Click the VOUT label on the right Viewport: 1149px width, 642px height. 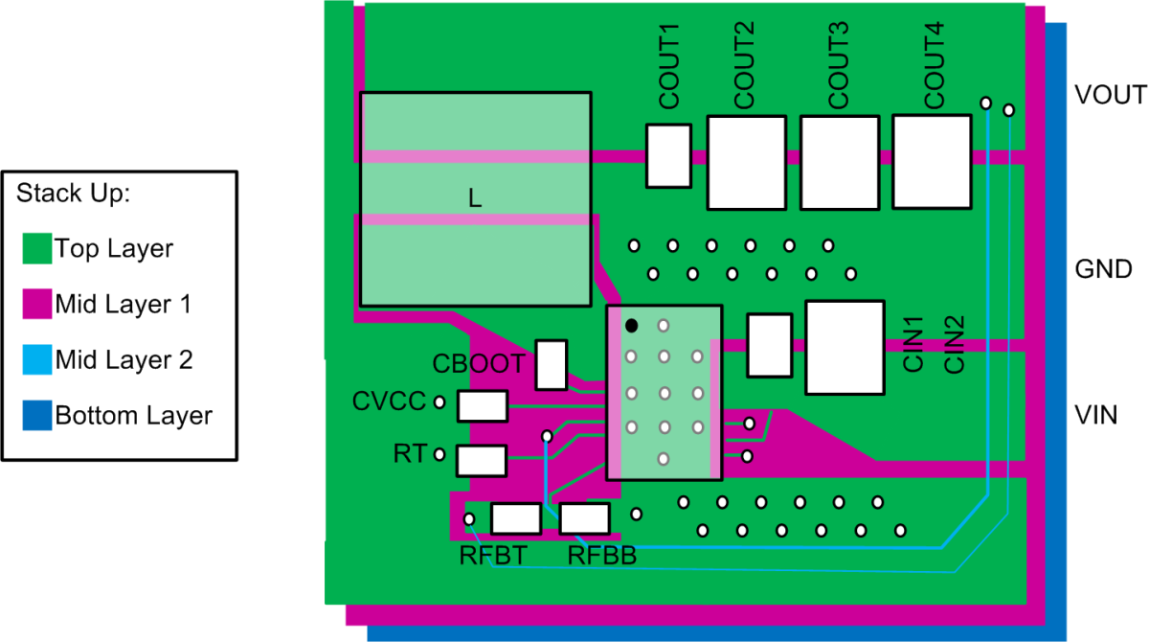pyautogui.click(x=1110, y=96)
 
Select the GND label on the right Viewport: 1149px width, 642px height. pyautogui.click(x=1104, y=269)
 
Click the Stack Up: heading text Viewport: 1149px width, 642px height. pyautogui.click(x=73, y=194)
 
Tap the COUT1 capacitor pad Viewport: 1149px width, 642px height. pyautogui.click(x=668, y=155)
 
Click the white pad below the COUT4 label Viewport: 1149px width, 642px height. pyautogui.click(x=932, y=161)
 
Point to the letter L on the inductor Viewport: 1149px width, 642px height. pyautogui.click(x=475, y=199)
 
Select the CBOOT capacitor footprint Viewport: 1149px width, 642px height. pyautogui.click(x=551, y=365)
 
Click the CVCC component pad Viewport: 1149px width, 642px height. pyautogui.click(x=482, y=406)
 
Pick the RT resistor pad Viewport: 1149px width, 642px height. pyautogui.click(x=482, y=460)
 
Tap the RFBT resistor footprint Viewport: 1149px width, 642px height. pyautogui.click(x=516, y=519)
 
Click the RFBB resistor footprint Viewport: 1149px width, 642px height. pyautogui.click(x=585, y=519)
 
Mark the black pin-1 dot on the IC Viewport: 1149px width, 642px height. pyautogui.click(x=632, y=326)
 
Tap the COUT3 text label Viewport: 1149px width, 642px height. pyautogui.click(x=839, y=64)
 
